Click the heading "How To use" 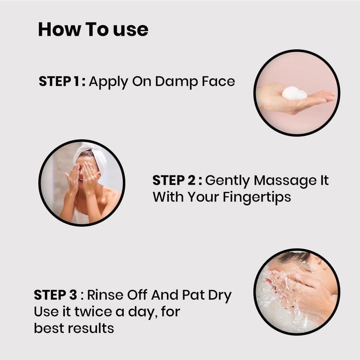(x=93, y=29)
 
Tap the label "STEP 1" (x=59, y=81)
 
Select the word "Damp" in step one (x=176, y=81)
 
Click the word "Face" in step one (x=218, y=81)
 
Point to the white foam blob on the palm (x=294, y=93)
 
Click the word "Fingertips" (x=257, y=197)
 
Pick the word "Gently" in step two (x=227, y=181)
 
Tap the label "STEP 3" (x=55, y=295)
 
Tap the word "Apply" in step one (x=108, y=82)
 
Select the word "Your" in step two (x=203, y=197)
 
